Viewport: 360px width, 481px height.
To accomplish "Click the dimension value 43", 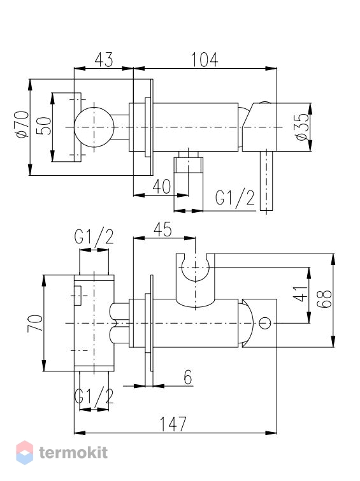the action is [x=104, y=59].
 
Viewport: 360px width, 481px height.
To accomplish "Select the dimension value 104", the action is [x=205, y=59].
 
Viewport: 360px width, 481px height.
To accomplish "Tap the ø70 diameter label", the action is [x=23, y=125].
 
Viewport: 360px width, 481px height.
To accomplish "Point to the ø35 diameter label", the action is [x=303, y=127].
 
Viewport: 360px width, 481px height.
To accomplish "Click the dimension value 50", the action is [x=44, y=126].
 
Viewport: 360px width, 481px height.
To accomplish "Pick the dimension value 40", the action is [x=162, y=186].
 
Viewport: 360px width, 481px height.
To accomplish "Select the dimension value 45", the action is [x=162, y=230].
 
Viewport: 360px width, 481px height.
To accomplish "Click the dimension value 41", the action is [x=300, y=294].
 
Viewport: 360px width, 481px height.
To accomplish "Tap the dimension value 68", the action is [x=325, y=299].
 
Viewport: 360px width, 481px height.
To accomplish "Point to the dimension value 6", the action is [x=188, y=377].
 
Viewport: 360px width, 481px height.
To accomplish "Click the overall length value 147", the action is [x=173, y=424].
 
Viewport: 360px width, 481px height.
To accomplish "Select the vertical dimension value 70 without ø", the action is [x=35, y=324].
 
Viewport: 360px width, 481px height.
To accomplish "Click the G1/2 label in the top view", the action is [x=235, y=198].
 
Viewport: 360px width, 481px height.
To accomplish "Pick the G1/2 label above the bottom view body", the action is [x=94, y=237].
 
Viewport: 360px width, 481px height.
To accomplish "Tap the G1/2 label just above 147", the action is [x=94, y=396].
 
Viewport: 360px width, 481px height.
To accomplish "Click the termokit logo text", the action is [x=73, y=453].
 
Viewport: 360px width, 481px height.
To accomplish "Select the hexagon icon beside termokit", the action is [x=25, y=452].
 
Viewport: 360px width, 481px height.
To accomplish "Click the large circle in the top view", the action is [x=94, y=127].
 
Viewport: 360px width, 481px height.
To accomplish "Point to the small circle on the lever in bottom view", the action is [x=265, y=324].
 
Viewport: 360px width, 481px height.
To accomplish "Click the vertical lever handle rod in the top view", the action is [x=266, y=181].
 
